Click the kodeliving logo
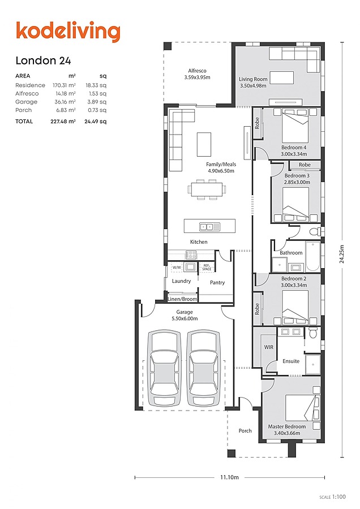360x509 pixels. click(x=68, y=32)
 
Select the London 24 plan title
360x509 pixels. click(x=43, y=61)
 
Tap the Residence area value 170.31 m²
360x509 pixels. click(x=64, y=85)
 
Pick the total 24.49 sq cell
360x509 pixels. click(x=95, y=122)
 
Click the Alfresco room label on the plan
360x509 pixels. click(x=197, y=74)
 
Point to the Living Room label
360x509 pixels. click(x=253, y=82)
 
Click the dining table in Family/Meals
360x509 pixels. click(x=207, y=189)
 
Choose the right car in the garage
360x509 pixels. click(x=204, y=368)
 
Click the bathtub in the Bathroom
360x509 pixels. click(x=313, y=256)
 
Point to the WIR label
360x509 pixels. click(x=269, y=347)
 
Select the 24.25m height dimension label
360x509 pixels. click(x=342, y=254)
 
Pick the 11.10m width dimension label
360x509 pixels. click(x=229, y=477)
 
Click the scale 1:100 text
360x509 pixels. click(x=333, y=497)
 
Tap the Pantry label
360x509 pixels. click(x=217, y=282)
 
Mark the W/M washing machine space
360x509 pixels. click(x=177, y=268)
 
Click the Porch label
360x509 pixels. click(x=245, y=431)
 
